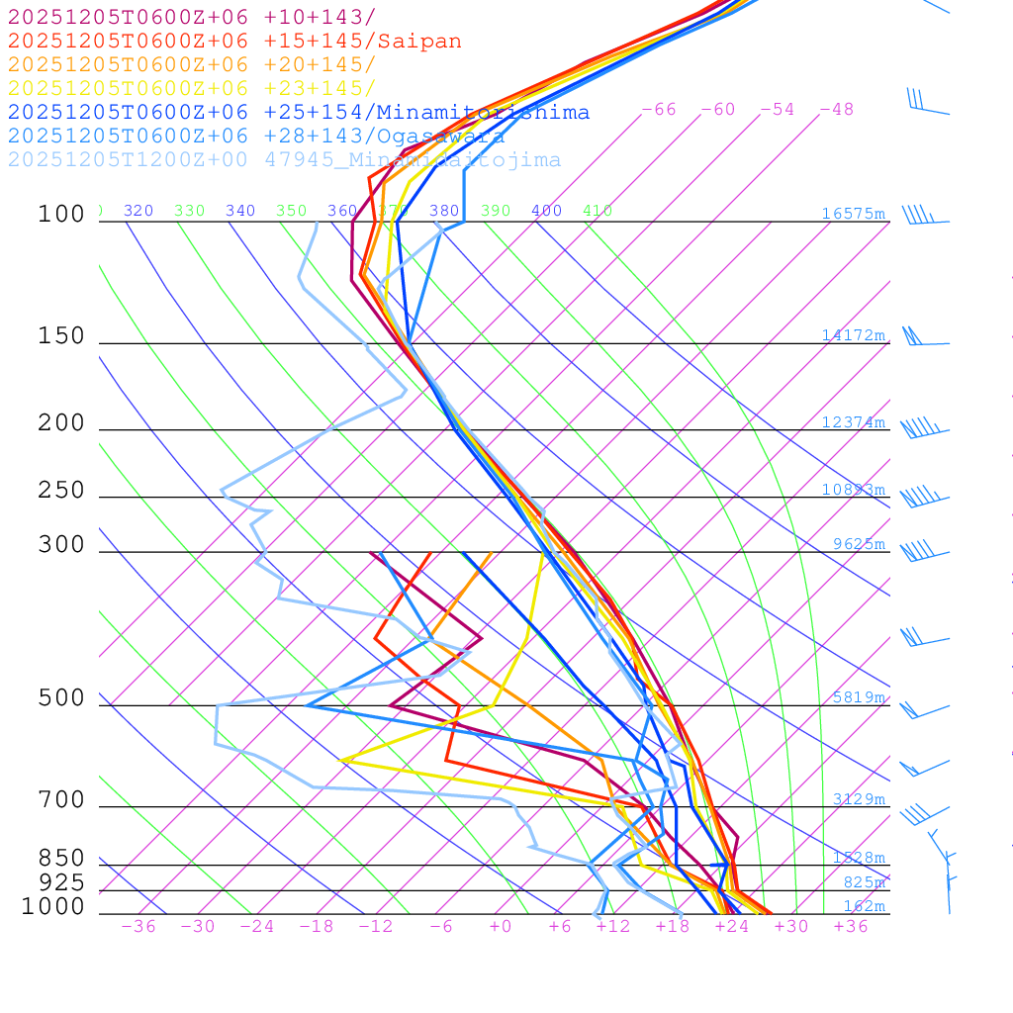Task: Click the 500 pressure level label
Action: coord(61,698)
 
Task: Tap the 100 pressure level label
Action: coord(61,214)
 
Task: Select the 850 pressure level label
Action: coord(61,858)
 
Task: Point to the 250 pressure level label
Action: coord(61,491)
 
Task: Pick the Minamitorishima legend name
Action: coord(483,113)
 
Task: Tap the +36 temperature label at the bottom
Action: coord(851,926)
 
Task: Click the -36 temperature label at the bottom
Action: coord(138,926)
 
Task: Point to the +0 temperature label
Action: coord(501,926)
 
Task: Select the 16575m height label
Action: coord(853,214)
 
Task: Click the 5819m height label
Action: coord(859,697)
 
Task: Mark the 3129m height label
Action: coord(859,799)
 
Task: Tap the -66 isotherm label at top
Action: coord(659,110)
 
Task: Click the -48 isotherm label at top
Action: coord(837,110)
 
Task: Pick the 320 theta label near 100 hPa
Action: coord(138,211)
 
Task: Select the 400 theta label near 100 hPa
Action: coord(546,211)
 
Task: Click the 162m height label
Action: coord(864,906)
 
